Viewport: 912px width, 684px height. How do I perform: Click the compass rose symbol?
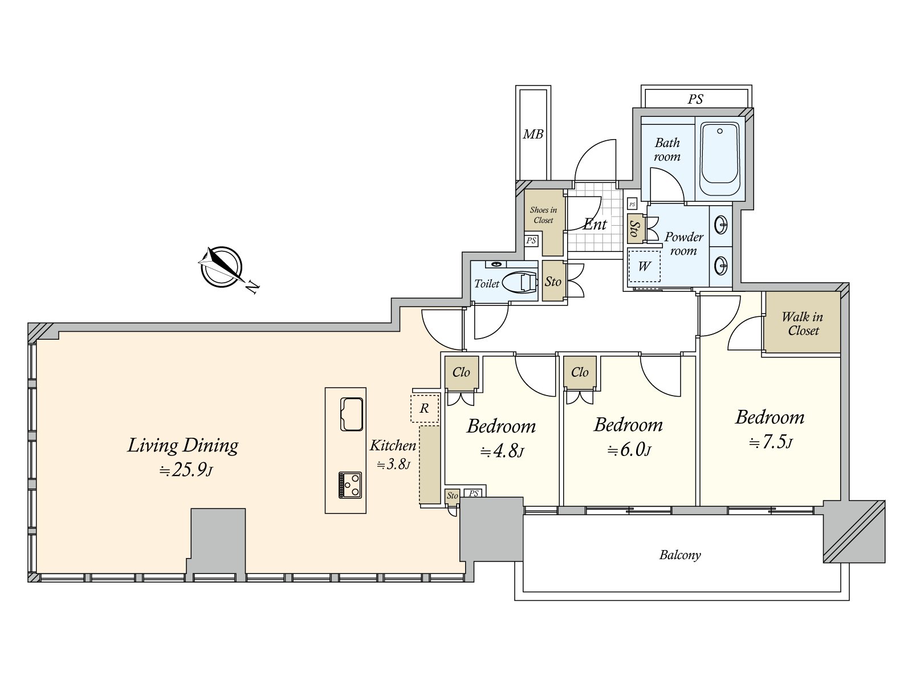click(x=221, y=267)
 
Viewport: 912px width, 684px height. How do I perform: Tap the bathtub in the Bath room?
click(x=720, y=159)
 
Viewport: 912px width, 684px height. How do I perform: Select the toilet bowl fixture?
click(x=520, y=284)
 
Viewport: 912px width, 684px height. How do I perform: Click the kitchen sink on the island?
click(x=351, y=414)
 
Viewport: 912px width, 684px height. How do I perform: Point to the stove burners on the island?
click(x=350, y=484)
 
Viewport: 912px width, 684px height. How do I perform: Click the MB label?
click(x=533, y=134)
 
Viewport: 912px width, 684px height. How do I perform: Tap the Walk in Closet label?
click(x=802, y=324)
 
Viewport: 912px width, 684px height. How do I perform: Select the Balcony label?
click(x=680, y=555)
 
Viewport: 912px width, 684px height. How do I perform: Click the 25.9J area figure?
click(x=186, y=471)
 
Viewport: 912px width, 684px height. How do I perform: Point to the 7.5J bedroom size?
click(x=771, y=443)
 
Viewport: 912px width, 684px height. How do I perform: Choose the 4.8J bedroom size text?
click(x=502, y=451)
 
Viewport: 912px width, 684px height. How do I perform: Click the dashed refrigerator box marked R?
click(x=425, y=408)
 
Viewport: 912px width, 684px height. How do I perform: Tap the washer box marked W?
click(x=644, y=266)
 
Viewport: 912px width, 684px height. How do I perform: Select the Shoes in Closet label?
click(x=543, y=215)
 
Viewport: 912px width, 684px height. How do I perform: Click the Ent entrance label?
click(x=595, y=225)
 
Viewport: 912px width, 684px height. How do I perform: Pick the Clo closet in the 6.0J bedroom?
click(x=580, y=372)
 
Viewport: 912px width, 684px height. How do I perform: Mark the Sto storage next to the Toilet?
click(x=553, y=281)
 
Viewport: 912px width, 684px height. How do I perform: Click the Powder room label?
click(x=683, y=244)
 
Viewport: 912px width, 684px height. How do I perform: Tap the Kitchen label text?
click(x=393, y=446)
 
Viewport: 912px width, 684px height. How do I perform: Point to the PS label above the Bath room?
click(x=695, y=99)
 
